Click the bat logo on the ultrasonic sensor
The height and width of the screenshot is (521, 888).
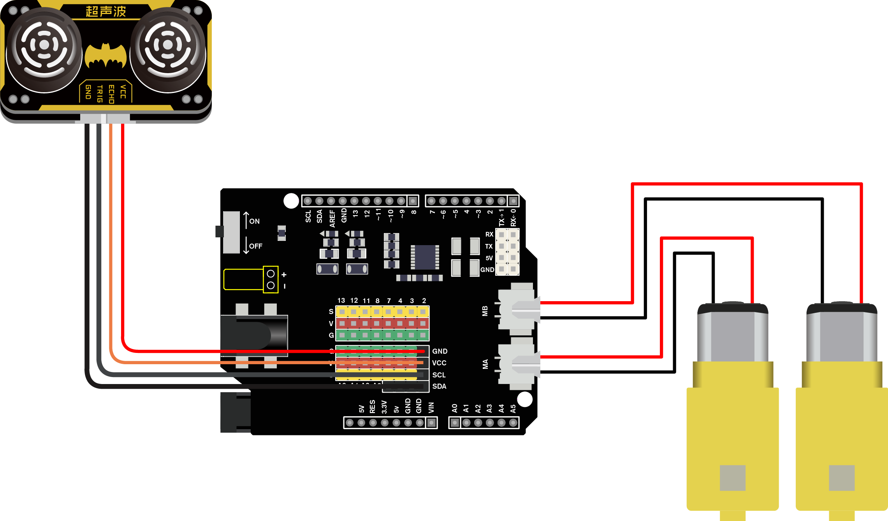pos(106,57)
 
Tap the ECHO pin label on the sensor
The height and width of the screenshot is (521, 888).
pos(111,94)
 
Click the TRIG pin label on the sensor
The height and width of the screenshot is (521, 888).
pos(100,94)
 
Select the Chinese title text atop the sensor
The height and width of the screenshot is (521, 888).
pos(106,11)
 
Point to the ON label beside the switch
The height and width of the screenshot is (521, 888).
pos(254,221)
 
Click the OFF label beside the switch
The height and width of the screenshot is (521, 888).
pos(256,246)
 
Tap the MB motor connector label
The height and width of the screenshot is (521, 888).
pos(485,311)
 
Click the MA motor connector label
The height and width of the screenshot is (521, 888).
pos(485,364)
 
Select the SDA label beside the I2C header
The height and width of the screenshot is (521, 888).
pos(439,386)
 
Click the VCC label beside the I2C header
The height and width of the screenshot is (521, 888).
pos(439,363)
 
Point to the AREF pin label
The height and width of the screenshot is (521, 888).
pos(332,218)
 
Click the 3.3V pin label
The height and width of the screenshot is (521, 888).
pos(384,407)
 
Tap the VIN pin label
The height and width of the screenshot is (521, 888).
pos(431,407)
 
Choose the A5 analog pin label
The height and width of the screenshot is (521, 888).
pos(513,409)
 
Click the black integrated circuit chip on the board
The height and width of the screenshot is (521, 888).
pos(425,257)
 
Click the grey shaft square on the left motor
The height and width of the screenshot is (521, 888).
pos(733,478)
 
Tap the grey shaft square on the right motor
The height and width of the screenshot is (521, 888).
pos(842,478)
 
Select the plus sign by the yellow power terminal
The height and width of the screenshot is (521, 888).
pos(284,275)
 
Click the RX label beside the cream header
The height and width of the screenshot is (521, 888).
pos(489,234)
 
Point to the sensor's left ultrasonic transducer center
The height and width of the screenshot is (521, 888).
pos(44,45)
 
